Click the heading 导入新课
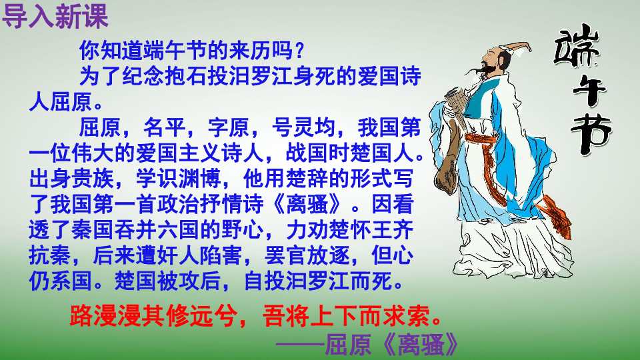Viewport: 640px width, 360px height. pyautogui.click(x=55, y=16)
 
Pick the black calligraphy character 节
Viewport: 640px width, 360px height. pyautogui.click(x=589, y=133)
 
